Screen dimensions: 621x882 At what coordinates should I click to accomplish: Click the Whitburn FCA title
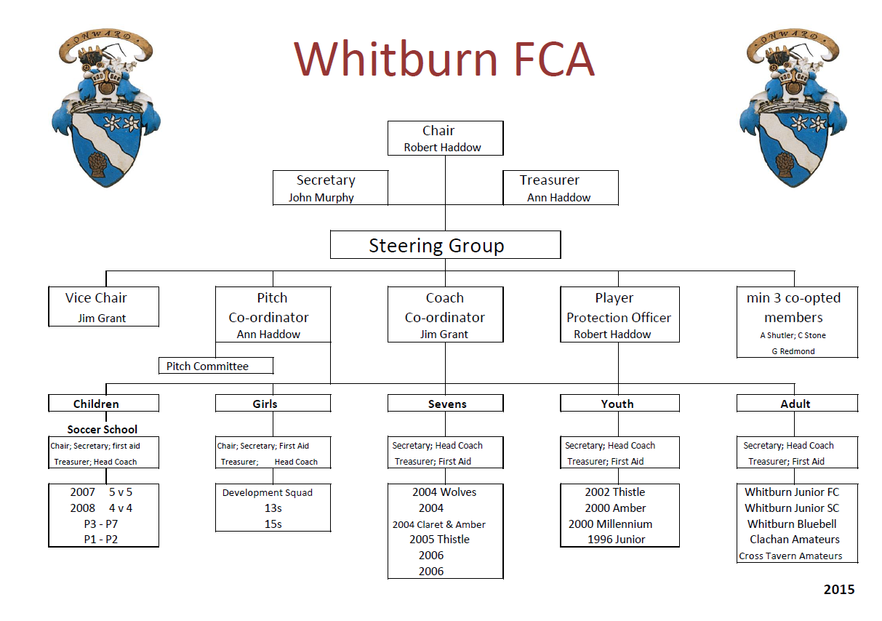[x=444, y=59]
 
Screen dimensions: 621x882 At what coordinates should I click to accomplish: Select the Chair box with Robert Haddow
[x=444, y=138]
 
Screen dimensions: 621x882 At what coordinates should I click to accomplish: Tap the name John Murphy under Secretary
[x=321, y=198]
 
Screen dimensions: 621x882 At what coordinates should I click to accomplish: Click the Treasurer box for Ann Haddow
[x=560, y=188]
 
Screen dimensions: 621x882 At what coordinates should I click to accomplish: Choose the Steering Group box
[x=444, y=246]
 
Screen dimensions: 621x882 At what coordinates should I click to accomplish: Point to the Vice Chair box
[x=103, y=306]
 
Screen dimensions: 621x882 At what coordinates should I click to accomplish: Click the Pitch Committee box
[x=215, y=366]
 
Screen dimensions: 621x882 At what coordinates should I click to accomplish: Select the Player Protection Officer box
[x=619, y=314]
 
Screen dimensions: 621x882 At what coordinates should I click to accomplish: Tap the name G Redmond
[x=793, y=351]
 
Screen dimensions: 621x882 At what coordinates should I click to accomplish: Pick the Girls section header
[x=272, y=404]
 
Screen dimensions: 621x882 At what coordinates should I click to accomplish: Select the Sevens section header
[x=444, y=404]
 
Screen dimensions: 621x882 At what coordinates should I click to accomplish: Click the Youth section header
[x=619, y=404]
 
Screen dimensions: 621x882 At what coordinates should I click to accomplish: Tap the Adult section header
[x=796, y=404]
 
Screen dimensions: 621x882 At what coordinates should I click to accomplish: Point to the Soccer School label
[x=103, y=429]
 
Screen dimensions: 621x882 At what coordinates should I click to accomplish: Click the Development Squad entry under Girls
[x=268, y=492]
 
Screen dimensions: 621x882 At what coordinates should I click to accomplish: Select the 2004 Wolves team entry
[x=444, y=492]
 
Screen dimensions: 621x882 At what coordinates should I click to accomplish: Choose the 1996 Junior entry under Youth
[x=617, y=540]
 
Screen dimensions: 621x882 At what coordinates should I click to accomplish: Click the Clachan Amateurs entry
[x=795, y=540]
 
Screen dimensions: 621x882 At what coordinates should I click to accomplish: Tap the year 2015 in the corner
[x=838, y=590]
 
